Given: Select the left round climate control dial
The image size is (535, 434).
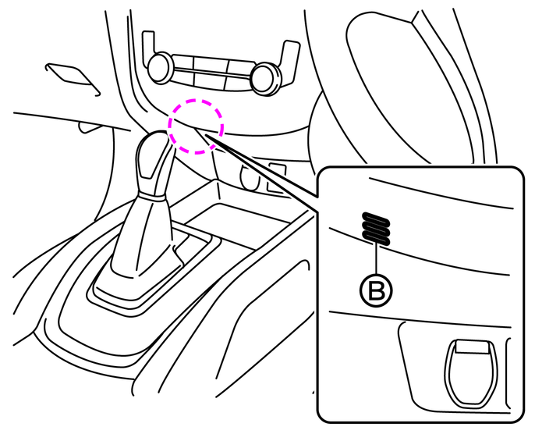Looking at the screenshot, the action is pos(159,68).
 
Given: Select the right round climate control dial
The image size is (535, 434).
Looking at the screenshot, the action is pos(265,78).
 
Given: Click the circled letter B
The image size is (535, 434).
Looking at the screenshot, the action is pos(377,290).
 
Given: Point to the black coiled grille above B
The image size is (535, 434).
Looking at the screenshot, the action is pos(376,229).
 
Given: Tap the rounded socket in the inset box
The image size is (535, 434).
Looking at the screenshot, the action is pos(470,373).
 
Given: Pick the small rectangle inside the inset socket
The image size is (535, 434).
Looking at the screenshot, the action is pos(472,347).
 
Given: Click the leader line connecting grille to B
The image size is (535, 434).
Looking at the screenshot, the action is pos(377,259).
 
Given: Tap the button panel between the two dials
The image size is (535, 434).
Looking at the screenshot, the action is pos(211,72).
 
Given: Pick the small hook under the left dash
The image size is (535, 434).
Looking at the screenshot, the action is pos(90,128).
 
